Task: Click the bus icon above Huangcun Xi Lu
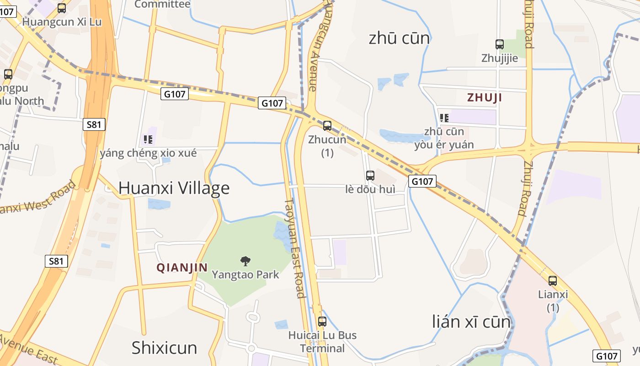(x=62, y=8)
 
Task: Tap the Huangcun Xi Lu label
(x=62, y=22)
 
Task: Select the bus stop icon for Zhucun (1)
(x=327, y=125)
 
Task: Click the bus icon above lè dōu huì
(x=370, y=175)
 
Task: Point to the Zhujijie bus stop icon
(x=500, y=44)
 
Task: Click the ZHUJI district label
(x=485, y=97)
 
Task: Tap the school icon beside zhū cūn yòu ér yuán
(x=444, y=118)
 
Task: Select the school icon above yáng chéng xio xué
(x=148, y=140)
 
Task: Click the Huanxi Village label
(x=174, y=188)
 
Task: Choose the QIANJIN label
(x=182, y=268)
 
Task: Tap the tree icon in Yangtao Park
(x=245, y=261)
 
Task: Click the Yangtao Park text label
(x=245, y=274)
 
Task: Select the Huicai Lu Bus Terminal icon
(x=322, y=322)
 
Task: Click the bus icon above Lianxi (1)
(x=553, y=281)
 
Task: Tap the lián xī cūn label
(x=471, y=322)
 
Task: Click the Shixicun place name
(x=164, y=348)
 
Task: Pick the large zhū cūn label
(x=399, y=38)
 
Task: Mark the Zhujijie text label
(x=500, y=58)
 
